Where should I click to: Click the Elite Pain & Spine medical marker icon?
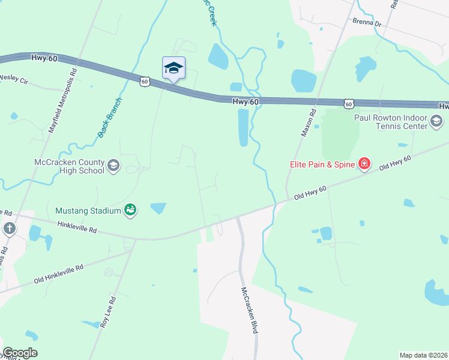click(364, 163)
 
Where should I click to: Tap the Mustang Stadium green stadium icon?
click(130, 210)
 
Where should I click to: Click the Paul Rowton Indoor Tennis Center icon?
click(437, 123)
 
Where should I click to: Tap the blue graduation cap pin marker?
click(173, 68)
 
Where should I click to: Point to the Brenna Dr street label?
click(367, 23)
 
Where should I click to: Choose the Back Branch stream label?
click(110, 118)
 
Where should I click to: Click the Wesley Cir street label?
click(14, 78)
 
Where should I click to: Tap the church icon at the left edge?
click(10, 228)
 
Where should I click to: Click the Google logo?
click(20, 353)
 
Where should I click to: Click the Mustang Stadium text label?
click(88, 211)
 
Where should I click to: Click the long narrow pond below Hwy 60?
click(243, 128)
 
